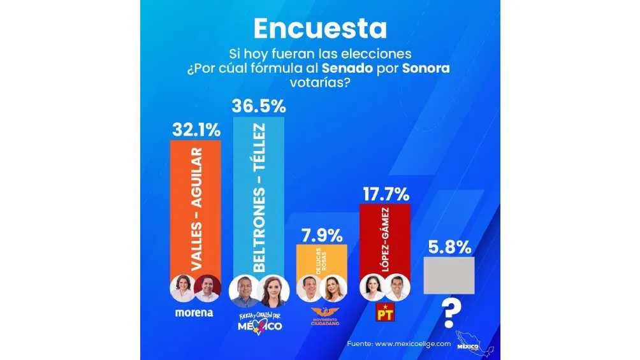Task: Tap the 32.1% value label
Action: click(196, 130)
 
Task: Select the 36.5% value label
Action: click(259, 106)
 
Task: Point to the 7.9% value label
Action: click(321, 235)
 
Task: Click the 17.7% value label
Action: click(385, 194)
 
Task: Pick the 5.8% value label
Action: click(449, 247)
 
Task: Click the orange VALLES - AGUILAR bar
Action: click(195, 204)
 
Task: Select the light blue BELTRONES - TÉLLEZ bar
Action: click(259, 191)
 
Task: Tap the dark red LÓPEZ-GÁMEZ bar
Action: click(385, 239)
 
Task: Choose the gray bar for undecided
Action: click(449, 275)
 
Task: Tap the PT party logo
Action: click(384, 313)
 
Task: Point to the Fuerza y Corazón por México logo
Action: click(259, 322)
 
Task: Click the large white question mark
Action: click(451, 313)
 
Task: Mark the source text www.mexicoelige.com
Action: click(417, 343)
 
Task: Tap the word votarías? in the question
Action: click(320, 83)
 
